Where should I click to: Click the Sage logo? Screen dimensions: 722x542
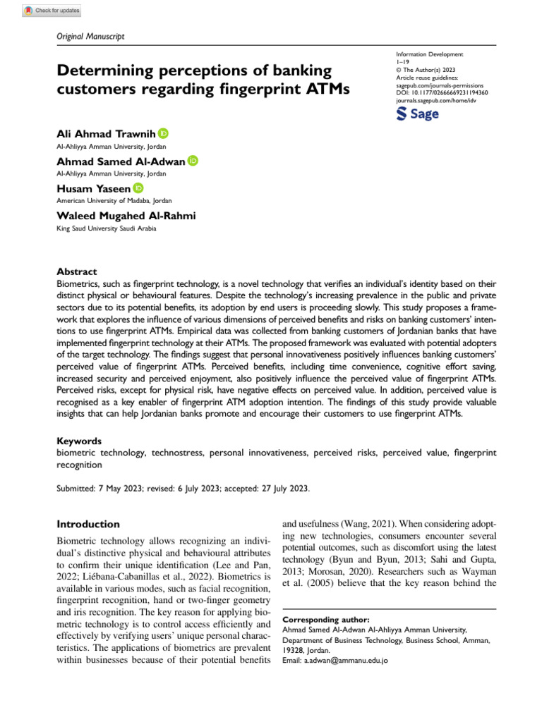point(418,114)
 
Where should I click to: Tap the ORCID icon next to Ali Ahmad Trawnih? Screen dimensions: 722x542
point(164,133)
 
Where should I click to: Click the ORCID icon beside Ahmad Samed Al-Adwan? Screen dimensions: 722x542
point(193,161)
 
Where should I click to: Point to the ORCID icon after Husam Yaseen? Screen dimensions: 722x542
point(138,188)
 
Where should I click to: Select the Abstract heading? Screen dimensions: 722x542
point(76,271)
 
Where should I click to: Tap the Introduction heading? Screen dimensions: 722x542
point(88,524)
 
